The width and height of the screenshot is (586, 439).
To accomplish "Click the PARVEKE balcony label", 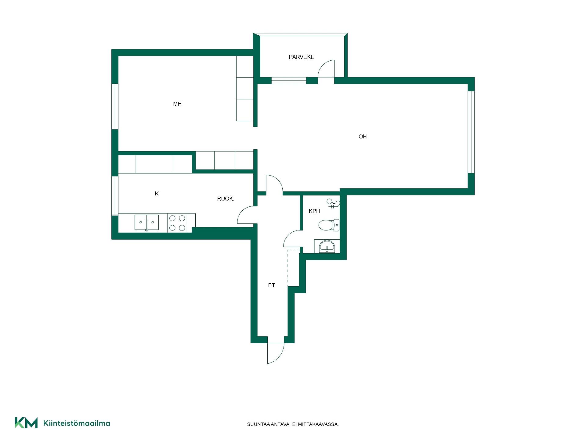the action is click(x=302, y=57).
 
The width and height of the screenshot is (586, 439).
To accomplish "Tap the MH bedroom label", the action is click(x=177, y=104).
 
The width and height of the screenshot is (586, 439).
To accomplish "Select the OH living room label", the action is click(x=363, y=137).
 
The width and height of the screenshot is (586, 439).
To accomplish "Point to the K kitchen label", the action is click(x=157, y=194).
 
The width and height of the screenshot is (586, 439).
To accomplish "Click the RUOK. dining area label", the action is click(x=226, y=199).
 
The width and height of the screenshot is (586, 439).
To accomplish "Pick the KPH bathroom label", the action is click(x=314, y=211).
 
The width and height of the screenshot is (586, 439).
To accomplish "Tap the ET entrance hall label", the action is click(x=272, y=285).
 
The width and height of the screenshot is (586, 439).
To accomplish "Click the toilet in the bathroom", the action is click(x=329, y=225).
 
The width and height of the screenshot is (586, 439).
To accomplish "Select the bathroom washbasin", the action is click(x=327, y=246).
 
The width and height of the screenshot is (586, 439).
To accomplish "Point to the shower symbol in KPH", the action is click(x=333, y=203).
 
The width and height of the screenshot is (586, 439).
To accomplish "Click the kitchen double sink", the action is click(x=147, y=222).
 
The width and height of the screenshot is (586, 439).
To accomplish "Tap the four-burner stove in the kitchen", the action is click(x=177, y=223).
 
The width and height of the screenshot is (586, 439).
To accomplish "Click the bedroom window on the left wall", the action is click(x=115, y=106).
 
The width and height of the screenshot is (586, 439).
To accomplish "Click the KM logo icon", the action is click(x=26, y=423).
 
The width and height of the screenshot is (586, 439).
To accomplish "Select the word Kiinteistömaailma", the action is click(x=77, y=423).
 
